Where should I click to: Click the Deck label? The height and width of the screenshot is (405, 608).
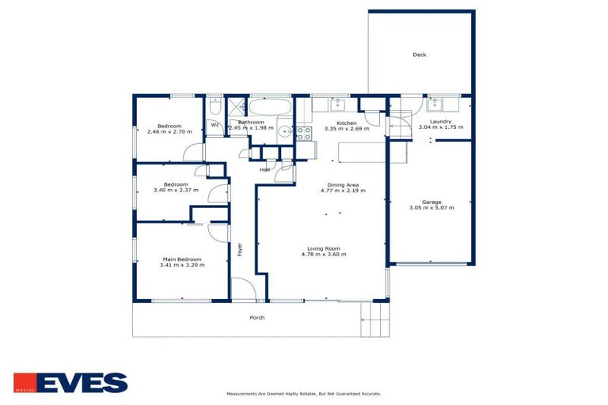[420, 55]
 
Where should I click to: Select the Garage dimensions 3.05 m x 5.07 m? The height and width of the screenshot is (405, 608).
[431, 208]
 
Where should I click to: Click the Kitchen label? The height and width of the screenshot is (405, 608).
[347, 123]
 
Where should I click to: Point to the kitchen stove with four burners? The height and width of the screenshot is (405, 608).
[302, 134]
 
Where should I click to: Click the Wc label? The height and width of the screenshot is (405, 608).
[215, 124]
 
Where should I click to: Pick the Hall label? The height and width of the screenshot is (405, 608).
[264, 169]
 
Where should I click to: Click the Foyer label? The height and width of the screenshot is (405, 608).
[240, 249]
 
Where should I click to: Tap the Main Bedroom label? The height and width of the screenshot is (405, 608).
[183, 259]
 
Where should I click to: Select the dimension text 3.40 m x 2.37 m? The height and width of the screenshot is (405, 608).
[175, 191]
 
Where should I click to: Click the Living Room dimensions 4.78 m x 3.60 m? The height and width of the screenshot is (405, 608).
[324, 254]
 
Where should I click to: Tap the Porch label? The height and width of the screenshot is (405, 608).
[256, 317]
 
